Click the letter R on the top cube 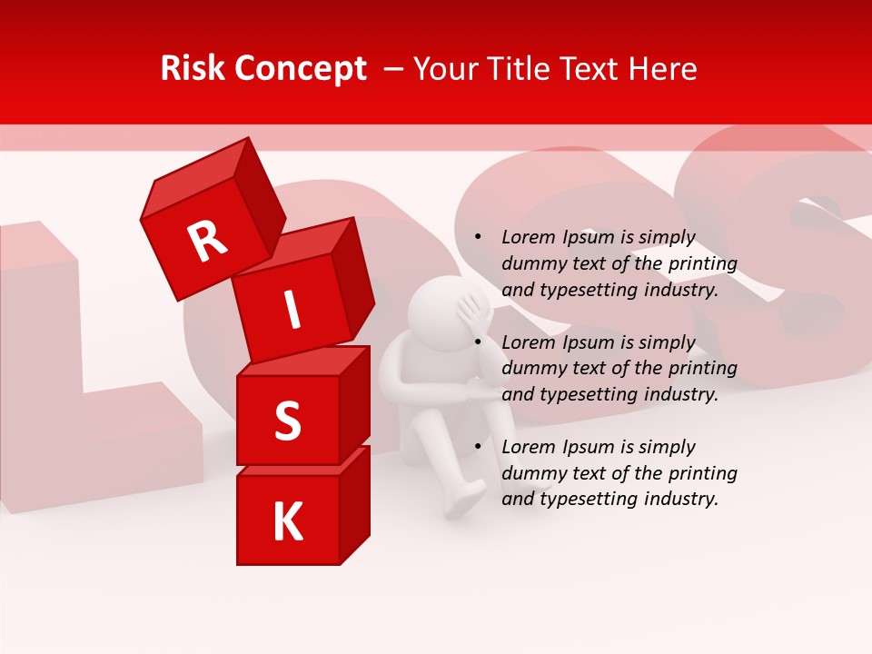(207, 242)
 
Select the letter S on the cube (287, 421)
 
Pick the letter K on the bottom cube (287, 522)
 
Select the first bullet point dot (479, 238)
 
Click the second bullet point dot (479, 343)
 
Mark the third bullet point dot (479, 448)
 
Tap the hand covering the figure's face (475, 313)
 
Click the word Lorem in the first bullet (530, 238)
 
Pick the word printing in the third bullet (702, 473)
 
